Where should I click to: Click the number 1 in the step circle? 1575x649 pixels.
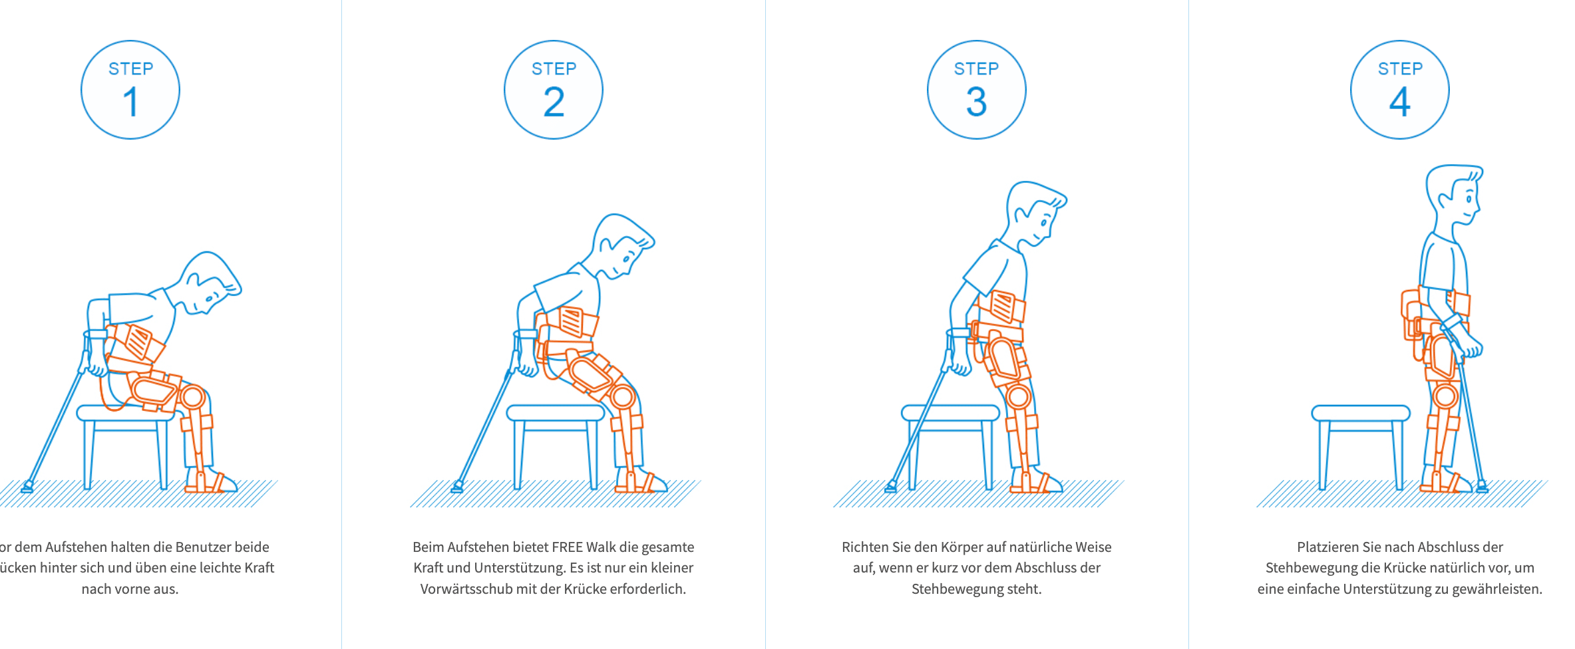point(130,102)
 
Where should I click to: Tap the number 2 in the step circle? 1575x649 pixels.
point(554,102)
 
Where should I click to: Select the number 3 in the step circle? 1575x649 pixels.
point(976,102)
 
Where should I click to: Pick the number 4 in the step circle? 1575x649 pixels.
point(1400,102)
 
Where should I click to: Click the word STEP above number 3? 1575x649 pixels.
point(976,68)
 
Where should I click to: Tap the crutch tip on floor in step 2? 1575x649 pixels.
point(457,487)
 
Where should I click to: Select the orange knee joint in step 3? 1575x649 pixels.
point(1018,397)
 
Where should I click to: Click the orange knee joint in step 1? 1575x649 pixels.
point(193,397)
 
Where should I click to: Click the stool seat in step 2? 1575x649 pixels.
point(555,413)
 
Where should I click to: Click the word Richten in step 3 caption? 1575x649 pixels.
point(864,547)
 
